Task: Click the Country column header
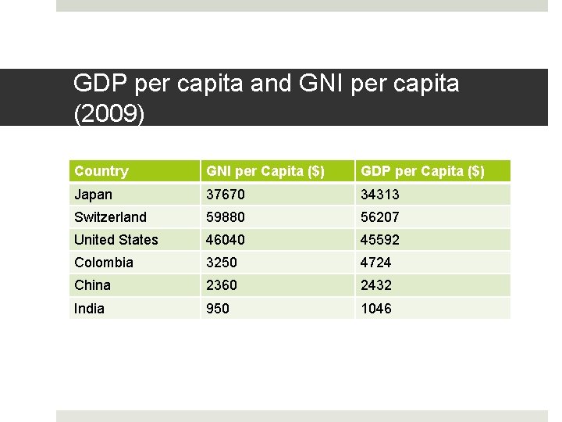(101, 171)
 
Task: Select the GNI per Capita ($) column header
(265, 171)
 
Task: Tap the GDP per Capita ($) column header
(422, 171)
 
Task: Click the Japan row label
(94, 195)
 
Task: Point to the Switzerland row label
(110, 217)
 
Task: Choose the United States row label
(116, 240)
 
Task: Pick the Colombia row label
(104, 263)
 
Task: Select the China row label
(93, 285)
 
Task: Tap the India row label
(89, 309)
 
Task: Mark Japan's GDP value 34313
(379, 195)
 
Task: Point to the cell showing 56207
(379, 217)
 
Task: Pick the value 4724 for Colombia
(376, 263)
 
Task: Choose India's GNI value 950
(218, 309)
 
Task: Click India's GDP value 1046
(376, 309)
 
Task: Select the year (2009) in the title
(108, 114)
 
